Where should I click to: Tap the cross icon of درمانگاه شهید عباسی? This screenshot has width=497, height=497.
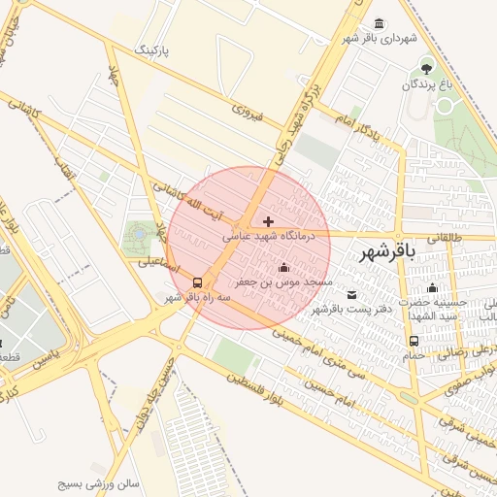269,222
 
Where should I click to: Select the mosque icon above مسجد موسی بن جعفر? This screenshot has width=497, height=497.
283,268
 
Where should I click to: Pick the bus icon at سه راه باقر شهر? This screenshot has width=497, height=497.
198,282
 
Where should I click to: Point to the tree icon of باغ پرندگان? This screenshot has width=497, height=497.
426,67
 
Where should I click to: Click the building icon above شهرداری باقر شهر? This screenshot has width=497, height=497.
378,22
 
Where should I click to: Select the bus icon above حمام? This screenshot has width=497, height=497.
414,341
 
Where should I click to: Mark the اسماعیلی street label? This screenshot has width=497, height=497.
155,262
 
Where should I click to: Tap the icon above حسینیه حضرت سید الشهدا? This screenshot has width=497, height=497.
433,287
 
